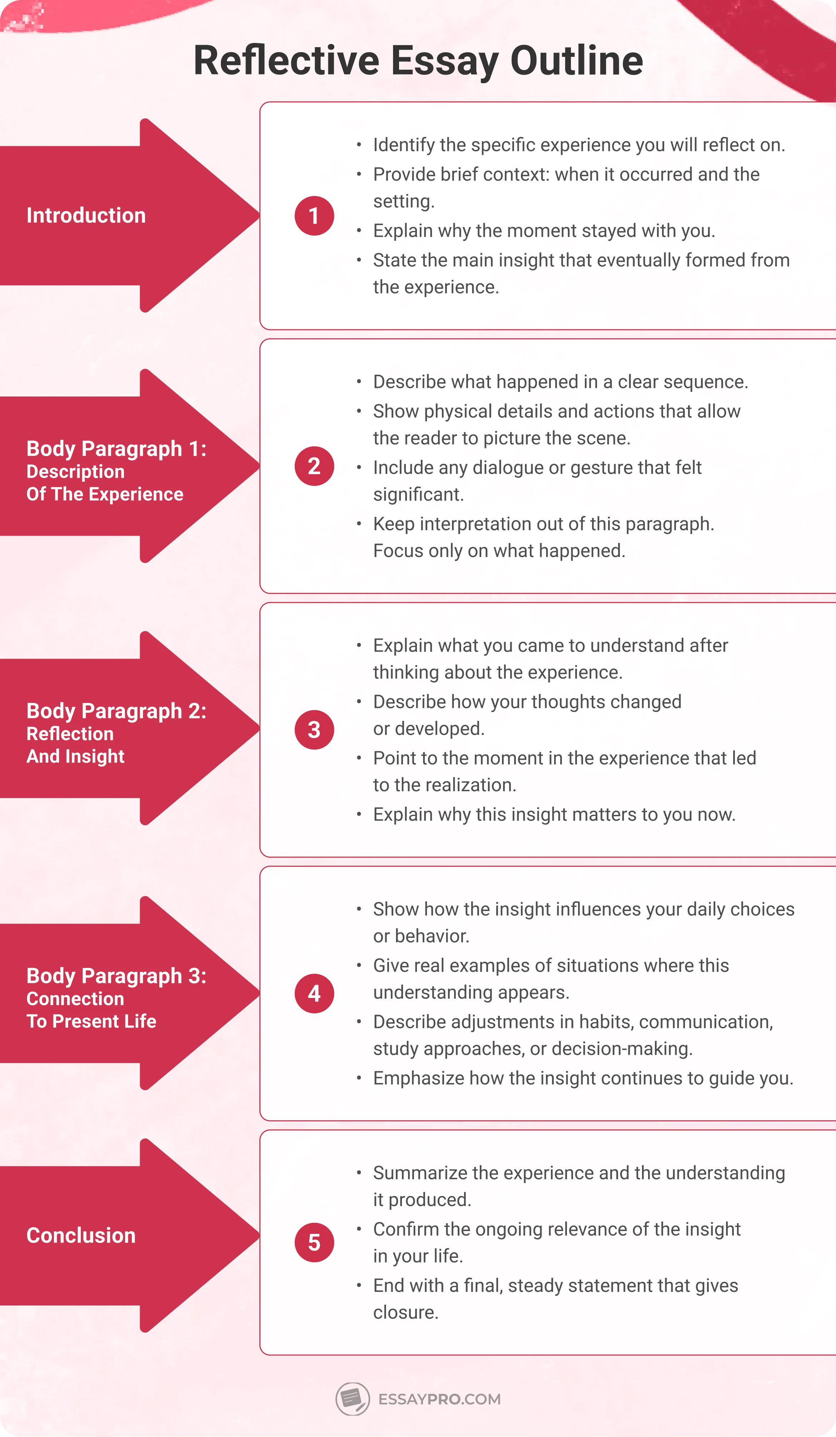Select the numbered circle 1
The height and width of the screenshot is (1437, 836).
[314, 216]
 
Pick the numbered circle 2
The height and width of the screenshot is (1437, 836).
[314, 467]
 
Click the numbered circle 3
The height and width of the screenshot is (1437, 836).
[314, 730]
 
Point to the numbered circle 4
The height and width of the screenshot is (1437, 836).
[314, 993]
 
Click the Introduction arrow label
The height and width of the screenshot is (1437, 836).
[86, 216]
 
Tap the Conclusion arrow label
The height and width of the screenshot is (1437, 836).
[81, 1235]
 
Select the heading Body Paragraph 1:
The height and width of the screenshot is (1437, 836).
[116, 449]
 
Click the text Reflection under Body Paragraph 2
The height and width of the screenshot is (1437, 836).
[70, 734]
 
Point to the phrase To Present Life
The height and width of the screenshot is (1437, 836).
[91, 1021]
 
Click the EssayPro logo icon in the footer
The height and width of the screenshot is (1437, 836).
[352, 1398]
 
